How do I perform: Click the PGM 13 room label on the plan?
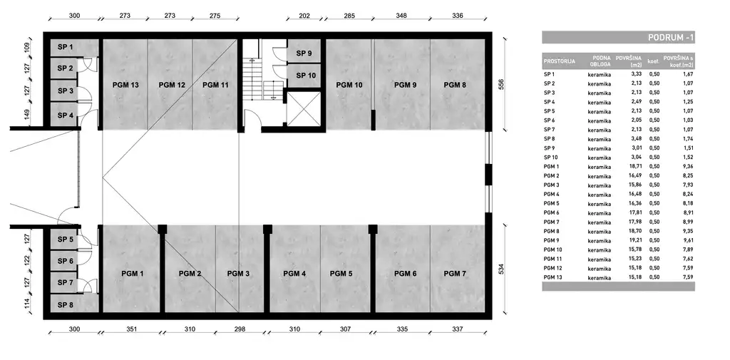pyautogui.click(x=125, y=85)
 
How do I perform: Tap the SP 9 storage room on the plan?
pyautogui.click(x=304, y=53)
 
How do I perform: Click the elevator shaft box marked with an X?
pyautogui.click(x=303, y=109)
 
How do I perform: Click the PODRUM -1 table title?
pyautogui.click(x=669, y=38)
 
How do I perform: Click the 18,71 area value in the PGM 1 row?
pyautogui.click(x=636, y=166)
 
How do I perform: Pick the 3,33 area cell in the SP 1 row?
pyautogui.click(x=636, y=73)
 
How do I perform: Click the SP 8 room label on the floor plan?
pyautogui.click(x=66, y=304)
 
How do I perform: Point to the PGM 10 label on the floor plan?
pyautogui.click(x=349, y=85)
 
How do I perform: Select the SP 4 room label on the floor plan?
pyautogui.click(x=66, y=115)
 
